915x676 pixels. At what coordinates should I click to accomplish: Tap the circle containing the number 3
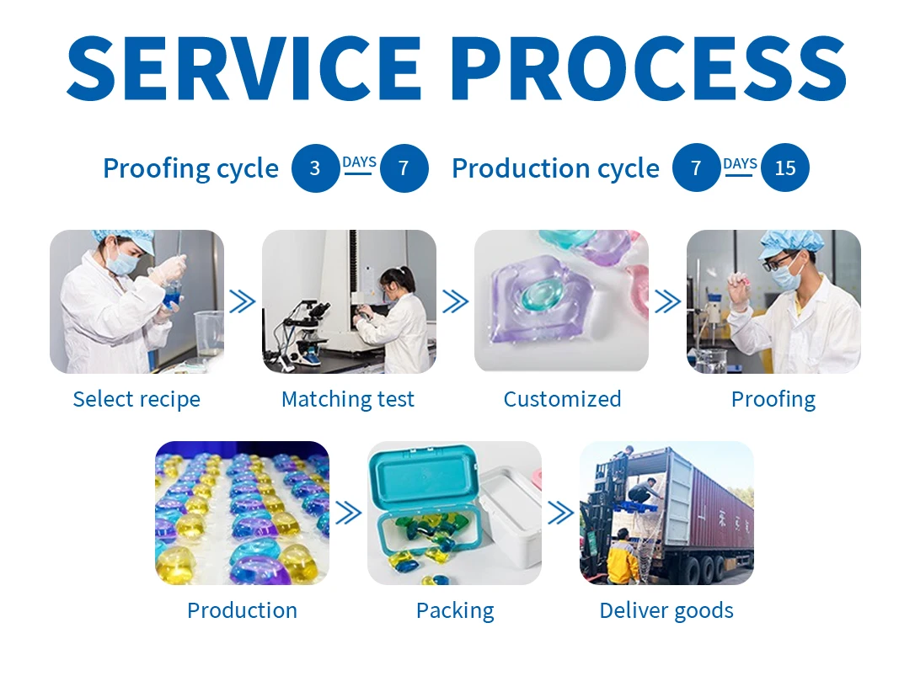(x=315, y=168)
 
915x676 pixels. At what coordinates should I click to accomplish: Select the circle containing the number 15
(x=784, y=168)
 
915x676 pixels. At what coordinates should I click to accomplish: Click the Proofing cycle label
(x=190, y=168)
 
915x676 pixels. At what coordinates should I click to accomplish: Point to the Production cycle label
(x=555, y=168)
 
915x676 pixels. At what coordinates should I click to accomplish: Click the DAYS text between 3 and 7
(x=359, y=162)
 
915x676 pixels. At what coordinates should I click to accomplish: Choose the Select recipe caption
(x=136, y=399)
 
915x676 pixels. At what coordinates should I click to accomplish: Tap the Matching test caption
(x=348, y=399)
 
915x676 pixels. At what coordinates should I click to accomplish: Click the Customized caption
(x=562, y=399)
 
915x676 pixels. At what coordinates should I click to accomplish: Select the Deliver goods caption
(x=666, y=610)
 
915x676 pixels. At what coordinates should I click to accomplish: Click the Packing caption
(x=455, y=610)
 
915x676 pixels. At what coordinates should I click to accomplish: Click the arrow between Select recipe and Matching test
(x=243, y=301)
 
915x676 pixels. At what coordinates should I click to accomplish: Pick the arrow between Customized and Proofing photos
(x=668, y=301)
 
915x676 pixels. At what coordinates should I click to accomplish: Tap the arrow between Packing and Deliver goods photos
(x=560, y=513)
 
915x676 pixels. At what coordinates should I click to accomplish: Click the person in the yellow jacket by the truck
(x=623, y=557)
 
